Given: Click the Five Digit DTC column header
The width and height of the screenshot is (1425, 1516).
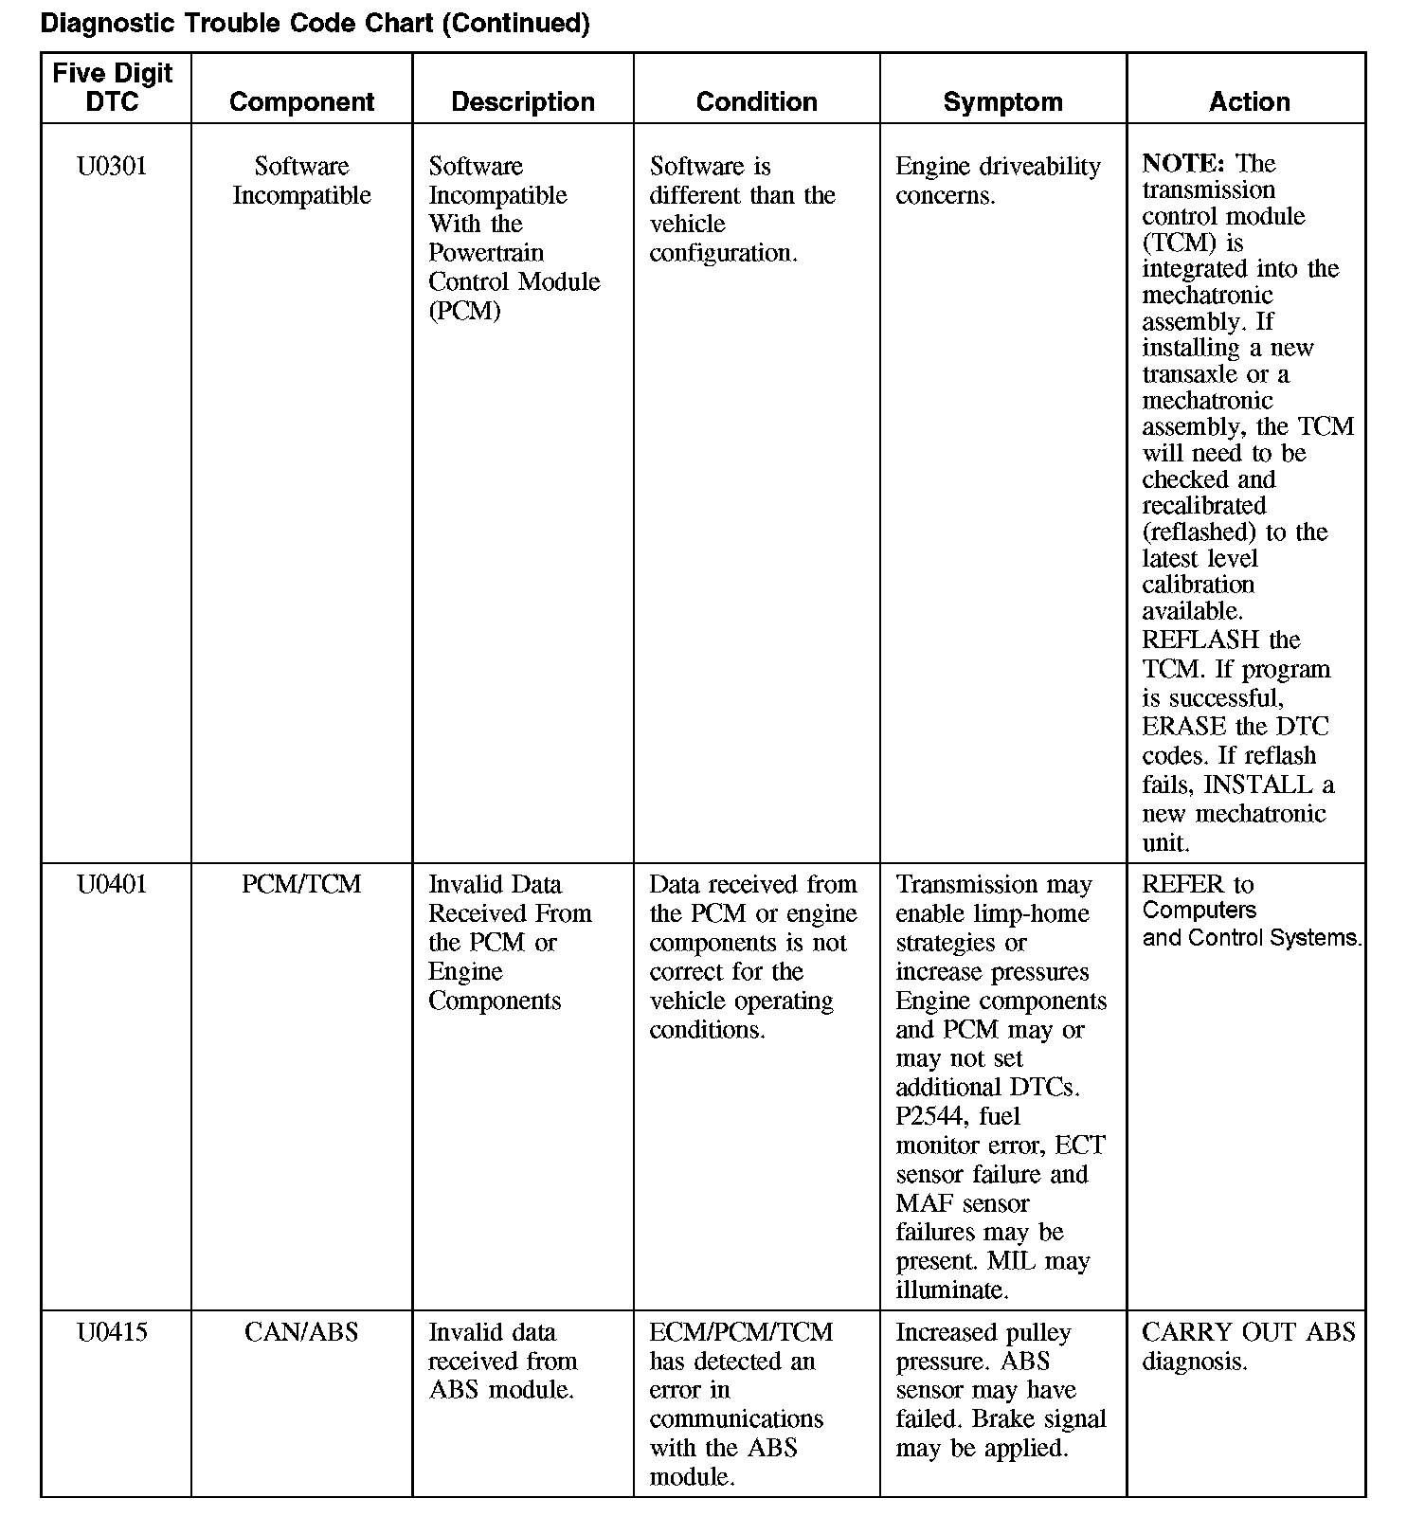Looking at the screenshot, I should (113, 87).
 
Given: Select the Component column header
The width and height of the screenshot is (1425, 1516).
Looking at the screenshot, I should (301, 101).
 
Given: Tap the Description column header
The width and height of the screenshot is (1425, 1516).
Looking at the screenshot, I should (523, 101).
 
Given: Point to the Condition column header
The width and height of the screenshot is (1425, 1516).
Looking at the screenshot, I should (756, 101).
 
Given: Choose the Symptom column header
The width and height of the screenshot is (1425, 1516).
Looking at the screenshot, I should (1002, 101).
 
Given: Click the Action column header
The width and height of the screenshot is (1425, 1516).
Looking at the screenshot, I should (1249, 101).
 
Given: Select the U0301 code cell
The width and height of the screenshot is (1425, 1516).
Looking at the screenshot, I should (112, 167).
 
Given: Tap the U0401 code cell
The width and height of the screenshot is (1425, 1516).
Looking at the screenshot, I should (112, 885).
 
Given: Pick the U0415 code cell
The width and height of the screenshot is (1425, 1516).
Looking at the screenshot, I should (112, 1332).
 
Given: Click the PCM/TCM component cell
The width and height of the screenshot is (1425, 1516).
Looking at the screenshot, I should (301, 885).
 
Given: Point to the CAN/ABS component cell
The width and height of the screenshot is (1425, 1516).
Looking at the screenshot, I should (301, 1332).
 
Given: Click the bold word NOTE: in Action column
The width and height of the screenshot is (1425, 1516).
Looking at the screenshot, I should (1182, 163).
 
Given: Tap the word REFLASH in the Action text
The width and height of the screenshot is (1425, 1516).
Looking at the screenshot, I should (1200, 641).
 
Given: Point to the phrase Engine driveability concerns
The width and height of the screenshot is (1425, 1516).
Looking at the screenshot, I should (998, 181).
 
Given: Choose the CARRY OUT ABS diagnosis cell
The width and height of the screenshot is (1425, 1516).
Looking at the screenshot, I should (1248, 1346).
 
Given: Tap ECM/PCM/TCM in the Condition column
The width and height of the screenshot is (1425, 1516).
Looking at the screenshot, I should (741, 1332).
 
